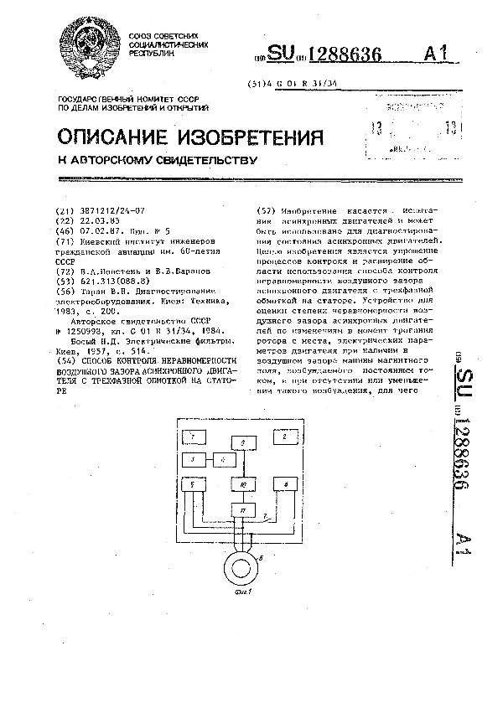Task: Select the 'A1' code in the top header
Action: [441, 55]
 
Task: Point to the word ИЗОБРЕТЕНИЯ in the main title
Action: [262, 137]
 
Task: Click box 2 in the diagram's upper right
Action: [284, 437]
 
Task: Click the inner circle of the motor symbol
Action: [243, 565]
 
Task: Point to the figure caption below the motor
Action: [243, 594]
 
